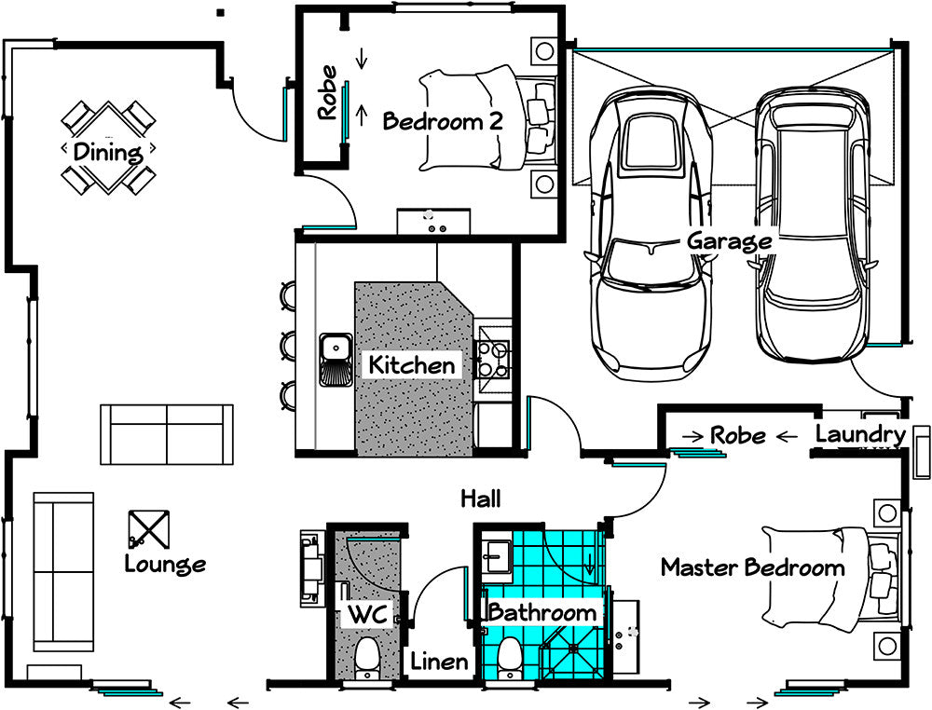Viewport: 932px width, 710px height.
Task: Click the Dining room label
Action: click(108, 152)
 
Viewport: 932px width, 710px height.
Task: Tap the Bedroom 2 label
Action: click(443, 121)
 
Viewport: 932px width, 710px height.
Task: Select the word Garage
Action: click(730, 241)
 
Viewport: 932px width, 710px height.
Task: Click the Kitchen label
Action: click(412, 365)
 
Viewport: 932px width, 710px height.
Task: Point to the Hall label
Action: click(481, 498)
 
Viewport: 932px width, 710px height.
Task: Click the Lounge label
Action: click(165, 564)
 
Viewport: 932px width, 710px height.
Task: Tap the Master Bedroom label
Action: click(752, 567)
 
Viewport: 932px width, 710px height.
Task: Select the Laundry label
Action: click(860, 435)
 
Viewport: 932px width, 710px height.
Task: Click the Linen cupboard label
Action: click(439, 662)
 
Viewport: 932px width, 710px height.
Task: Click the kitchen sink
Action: click(336, 359)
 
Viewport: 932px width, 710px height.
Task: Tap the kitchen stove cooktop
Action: click(493, 360)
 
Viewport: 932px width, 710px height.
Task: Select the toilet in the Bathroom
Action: click(510, 659)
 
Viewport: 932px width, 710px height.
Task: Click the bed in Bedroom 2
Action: click(487, 117)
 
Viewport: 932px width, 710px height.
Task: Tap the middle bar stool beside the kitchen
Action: click(288, 345)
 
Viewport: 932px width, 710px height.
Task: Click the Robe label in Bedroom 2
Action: click(327, 93)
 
